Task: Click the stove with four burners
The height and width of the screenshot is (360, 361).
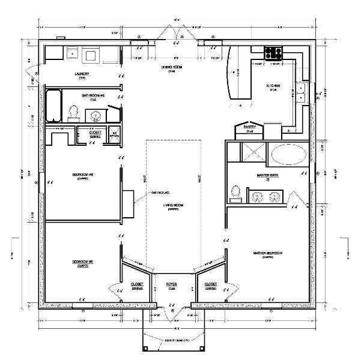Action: click(275, 52)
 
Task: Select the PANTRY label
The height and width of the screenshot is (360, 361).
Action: click(246, 127)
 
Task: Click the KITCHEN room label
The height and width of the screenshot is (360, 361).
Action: click(273, 86)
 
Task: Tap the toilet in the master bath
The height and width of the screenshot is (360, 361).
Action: click(235, 192)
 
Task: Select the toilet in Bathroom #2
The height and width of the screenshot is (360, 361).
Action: click(74, 112)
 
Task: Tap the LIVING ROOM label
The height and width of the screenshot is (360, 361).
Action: click(172, 205)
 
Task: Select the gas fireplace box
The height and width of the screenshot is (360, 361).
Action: click(128, 202)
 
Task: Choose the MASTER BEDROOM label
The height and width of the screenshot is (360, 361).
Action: click(268, 253)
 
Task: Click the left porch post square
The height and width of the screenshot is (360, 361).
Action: click(144, 350)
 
